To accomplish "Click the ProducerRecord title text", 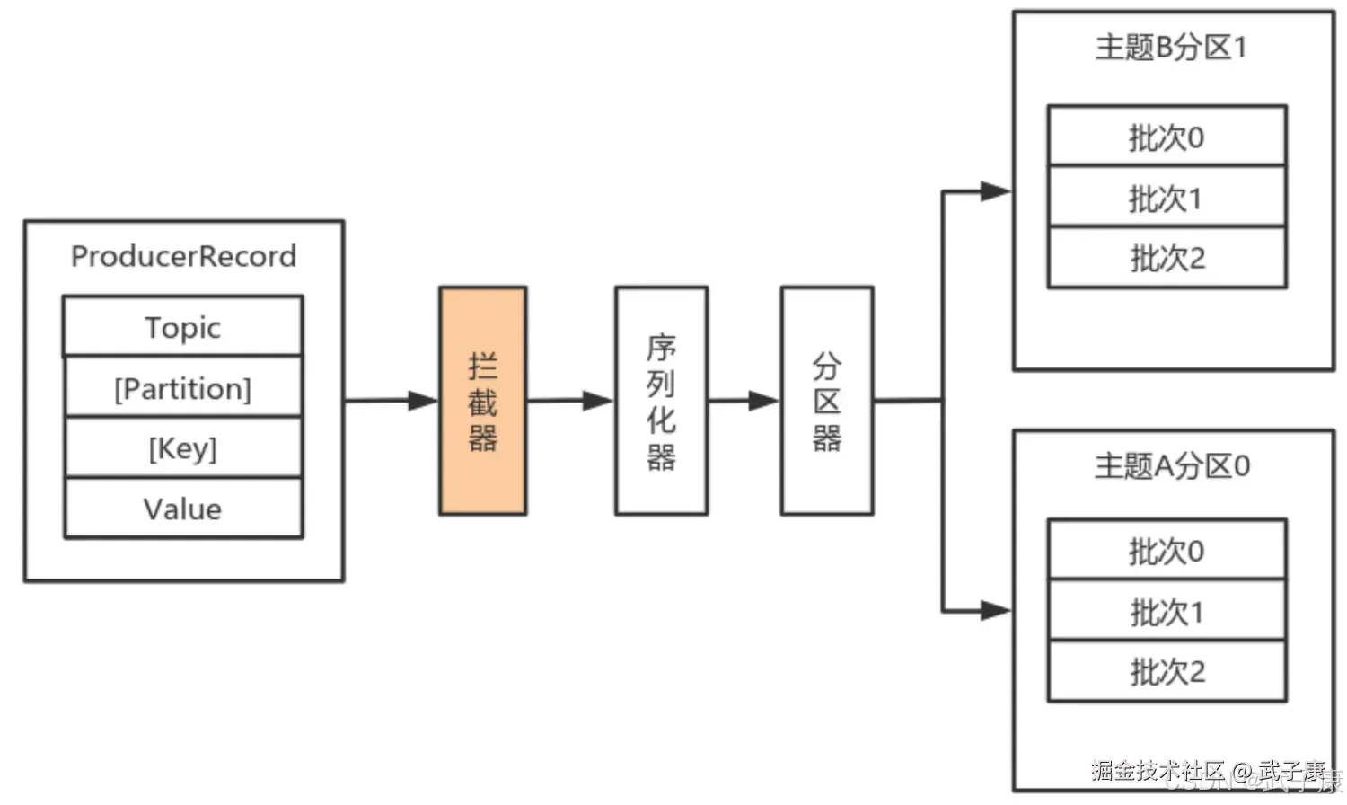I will click(183, 256).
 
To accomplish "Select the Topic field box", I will click(182, 327).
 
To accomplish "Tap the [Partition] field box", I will click(182, 388).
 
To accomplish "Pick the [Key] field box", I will click(182, 447).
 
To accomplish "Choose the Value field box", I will click(182, 509).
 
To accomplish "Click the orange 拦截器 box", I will click(482, 401).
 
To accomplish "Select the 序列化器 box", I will click(661, 401).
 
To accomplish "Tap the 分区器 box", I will click(826, 401).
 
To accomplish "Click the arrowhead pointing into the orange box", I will click(423, 401).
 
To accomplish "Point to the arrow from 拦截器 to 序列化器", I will click(569, 401).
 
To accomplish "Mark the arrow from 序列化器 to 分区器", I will click(744, 401).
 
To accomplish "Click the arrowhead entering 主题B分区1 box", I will click(995, 191).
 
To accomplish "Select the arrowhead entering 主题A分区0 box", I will click(995, 611).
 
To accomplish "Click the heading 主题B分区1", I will click(1171, 47).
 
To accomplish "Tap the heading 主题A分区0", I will click(1171, 465).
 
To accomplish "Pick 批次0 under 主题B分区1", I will click(1167, 137).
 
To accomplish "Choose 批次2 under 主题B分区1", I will click(1167, 258).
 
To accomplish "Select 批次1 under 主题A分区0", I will click(1167, 612).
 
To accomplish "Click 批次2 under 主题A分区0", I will click(1167, 671).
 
